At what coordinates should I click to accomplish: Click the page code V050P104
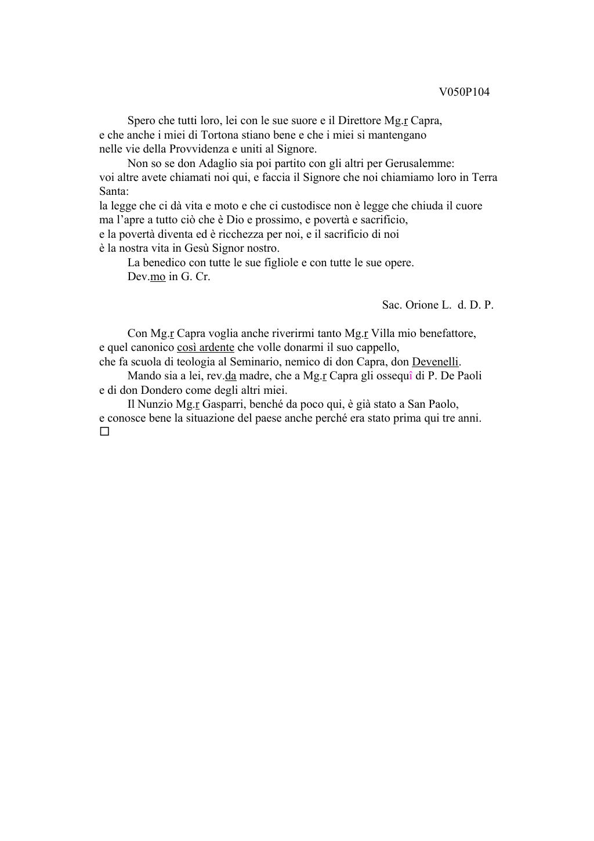[x=464, y=92]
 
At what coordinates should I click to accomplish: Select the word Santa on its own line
[x=113, y=191]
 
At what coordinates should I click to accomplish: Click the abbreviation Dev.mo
[x=146, y=277]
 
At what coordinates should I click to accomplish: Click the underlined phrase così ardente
[x=205, y=347]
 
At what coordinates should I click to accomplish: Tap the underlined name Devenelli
[x=435, y=362]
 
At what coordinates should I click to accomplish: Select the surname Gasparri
[x=223, y=404]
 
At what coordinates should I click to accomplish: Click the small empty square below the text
[x=104, y=432]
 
